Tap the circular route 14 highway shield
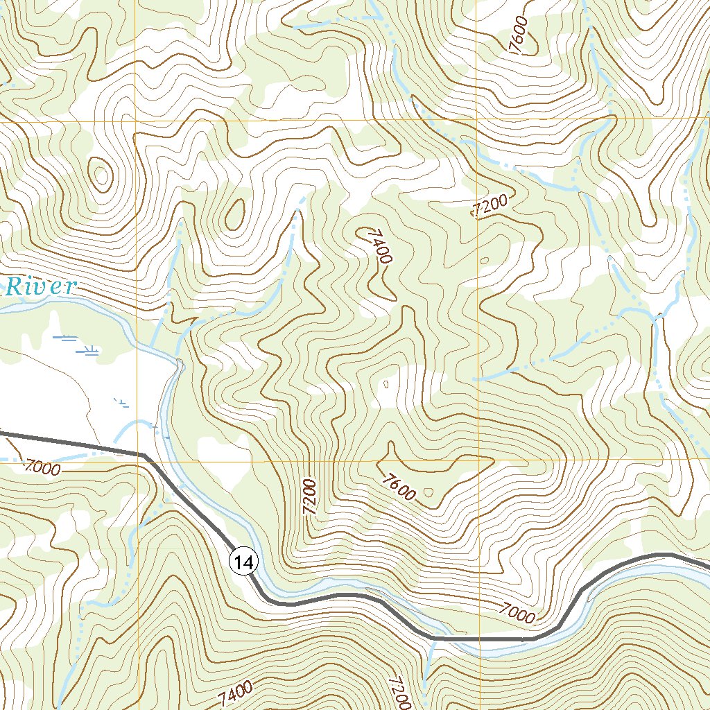tap(244, 562)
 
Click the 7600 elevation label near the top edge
tap(519, 34)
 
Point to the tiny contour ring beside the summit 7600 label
tap(428, 492)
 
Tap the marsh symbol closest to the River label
tap(67, 338)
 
